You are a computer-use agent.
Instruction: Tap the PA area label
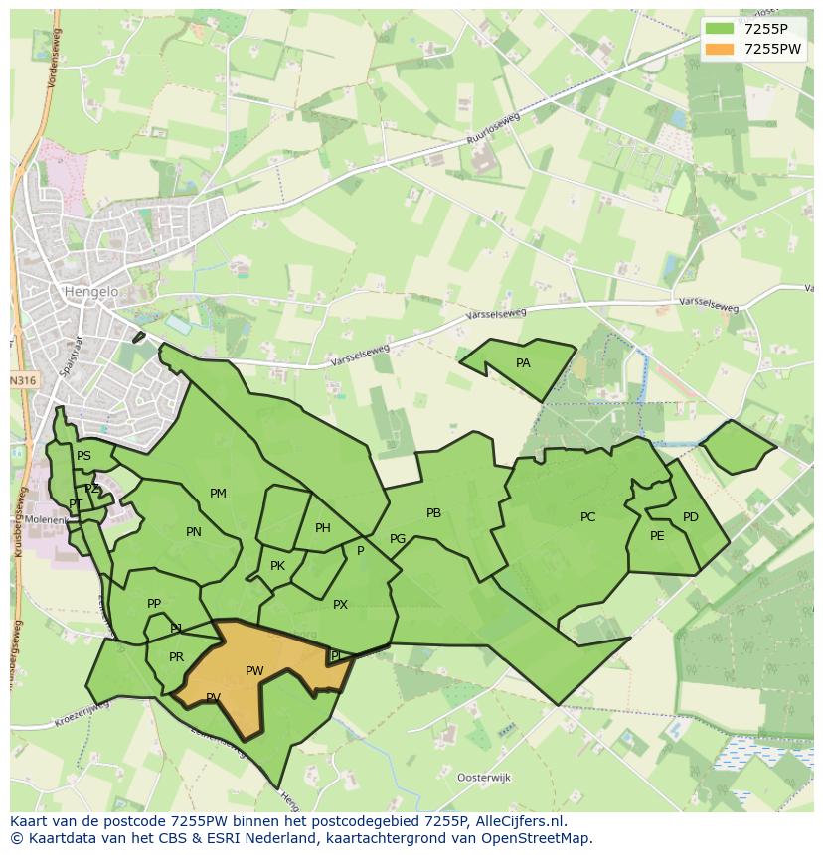tap(523, 363)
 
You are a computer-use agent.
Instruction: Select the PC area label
tap(587, 517)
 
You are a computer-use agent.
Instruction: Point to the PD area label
tap(690, 517)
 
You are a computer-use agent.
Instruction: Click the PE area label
tap(656, 536)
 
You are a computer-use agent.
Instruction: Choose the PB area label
tap(433, 513)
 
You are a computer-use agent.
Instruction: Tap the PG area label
tap(398, 539)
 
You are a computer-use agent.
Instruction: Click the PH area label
tap(322, 528)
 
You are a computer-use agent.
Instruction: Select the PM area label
tap(218, 494)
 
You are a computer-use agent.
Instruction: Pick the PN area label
tap(193, 532)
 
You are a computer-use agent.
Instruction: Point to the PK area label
tap(277, 566)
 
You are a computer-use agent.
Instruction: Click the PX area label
tap(340, 604)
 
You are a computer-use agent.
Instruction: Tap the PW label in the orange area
tap(254, 671)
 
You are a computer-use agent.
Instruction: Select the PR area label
tap(176, 657)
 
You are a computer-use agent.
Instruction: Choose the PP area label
tap(154, 604)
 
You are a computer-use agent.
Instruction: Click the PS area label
tap(83, 456)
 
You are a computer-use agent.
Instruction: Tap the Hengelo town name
tap(90, 292)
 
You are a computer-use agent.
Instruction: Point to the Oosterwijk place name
tap(482, 777)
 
